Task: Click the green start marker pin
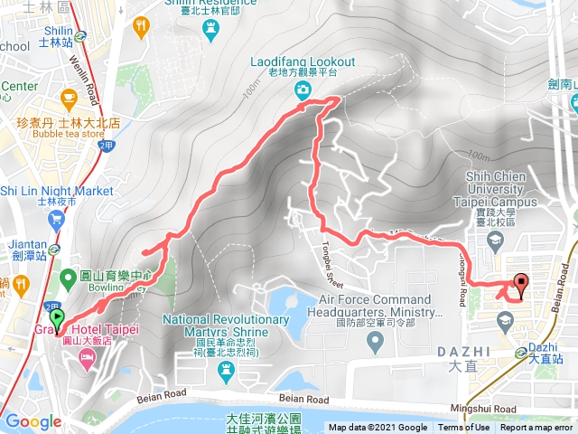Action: [x=58, y=319]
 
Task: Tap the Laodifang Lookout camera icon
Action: [x=303, y=89]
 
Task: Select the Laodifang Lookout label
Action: [x=303, y=61]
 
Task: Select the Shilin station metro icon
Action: [x=81, y=37]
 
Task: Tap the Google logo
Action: [x=33, y=421]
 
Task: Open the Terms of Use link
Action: [x=464, y=428]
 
